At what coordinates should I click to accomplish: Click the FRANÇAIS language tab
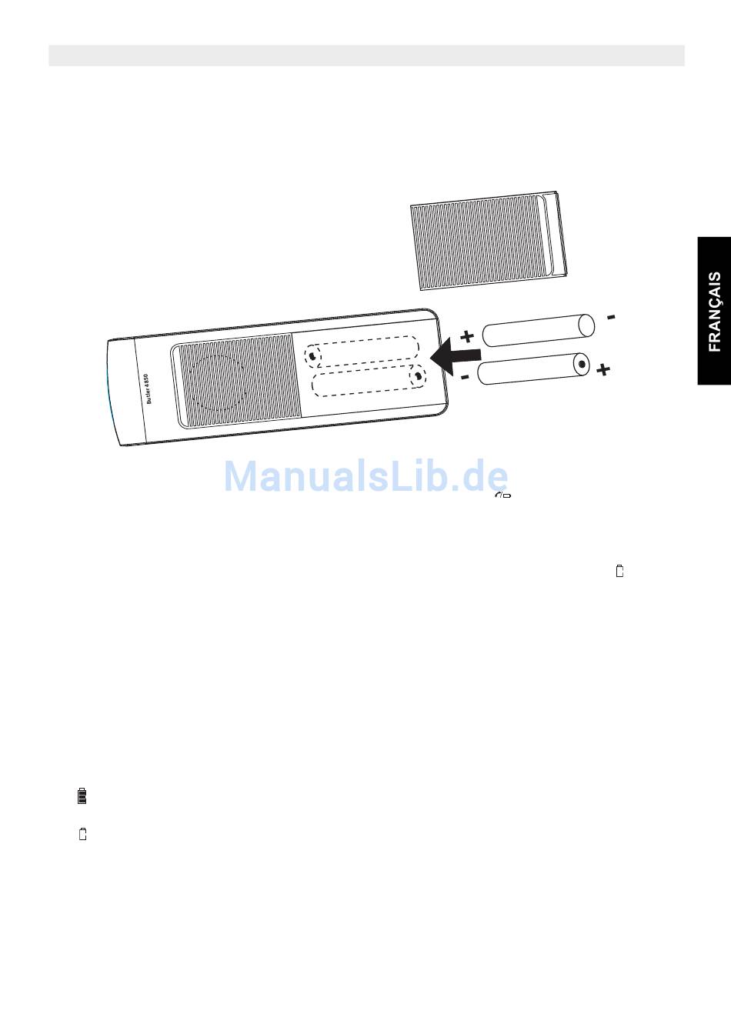click(x=715, y=311)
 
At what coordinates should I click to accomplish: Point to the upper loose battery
click(x=538, y=329)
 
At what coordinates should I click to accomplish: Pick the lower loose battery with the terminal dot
click(x=533, y=369)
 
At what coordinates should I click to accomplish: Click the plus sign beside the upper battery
click(x=466, y=336)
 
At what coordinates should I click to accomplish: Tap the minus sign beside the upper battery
click(x=610, y=316)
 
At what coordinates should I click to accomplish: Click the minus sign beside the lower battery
click(x=465, y=377)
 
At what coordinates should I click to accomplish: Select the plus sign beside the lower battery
click(x=603, y=371)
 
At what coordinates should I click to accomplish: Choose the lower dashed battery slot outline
click(x=369, y=381)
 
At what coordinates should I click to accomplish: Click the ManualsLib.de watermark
click(x=365, y=477)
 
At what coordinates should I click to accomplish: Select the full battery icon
click(x=82, y=796)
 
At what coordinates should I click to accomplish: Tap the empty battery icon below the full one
click(x=82, y=834)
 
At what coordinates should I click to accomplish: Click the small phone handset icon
click(x=503, y=495)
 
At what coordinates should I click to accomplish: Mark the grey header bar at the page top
click(x=366, y=55)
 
